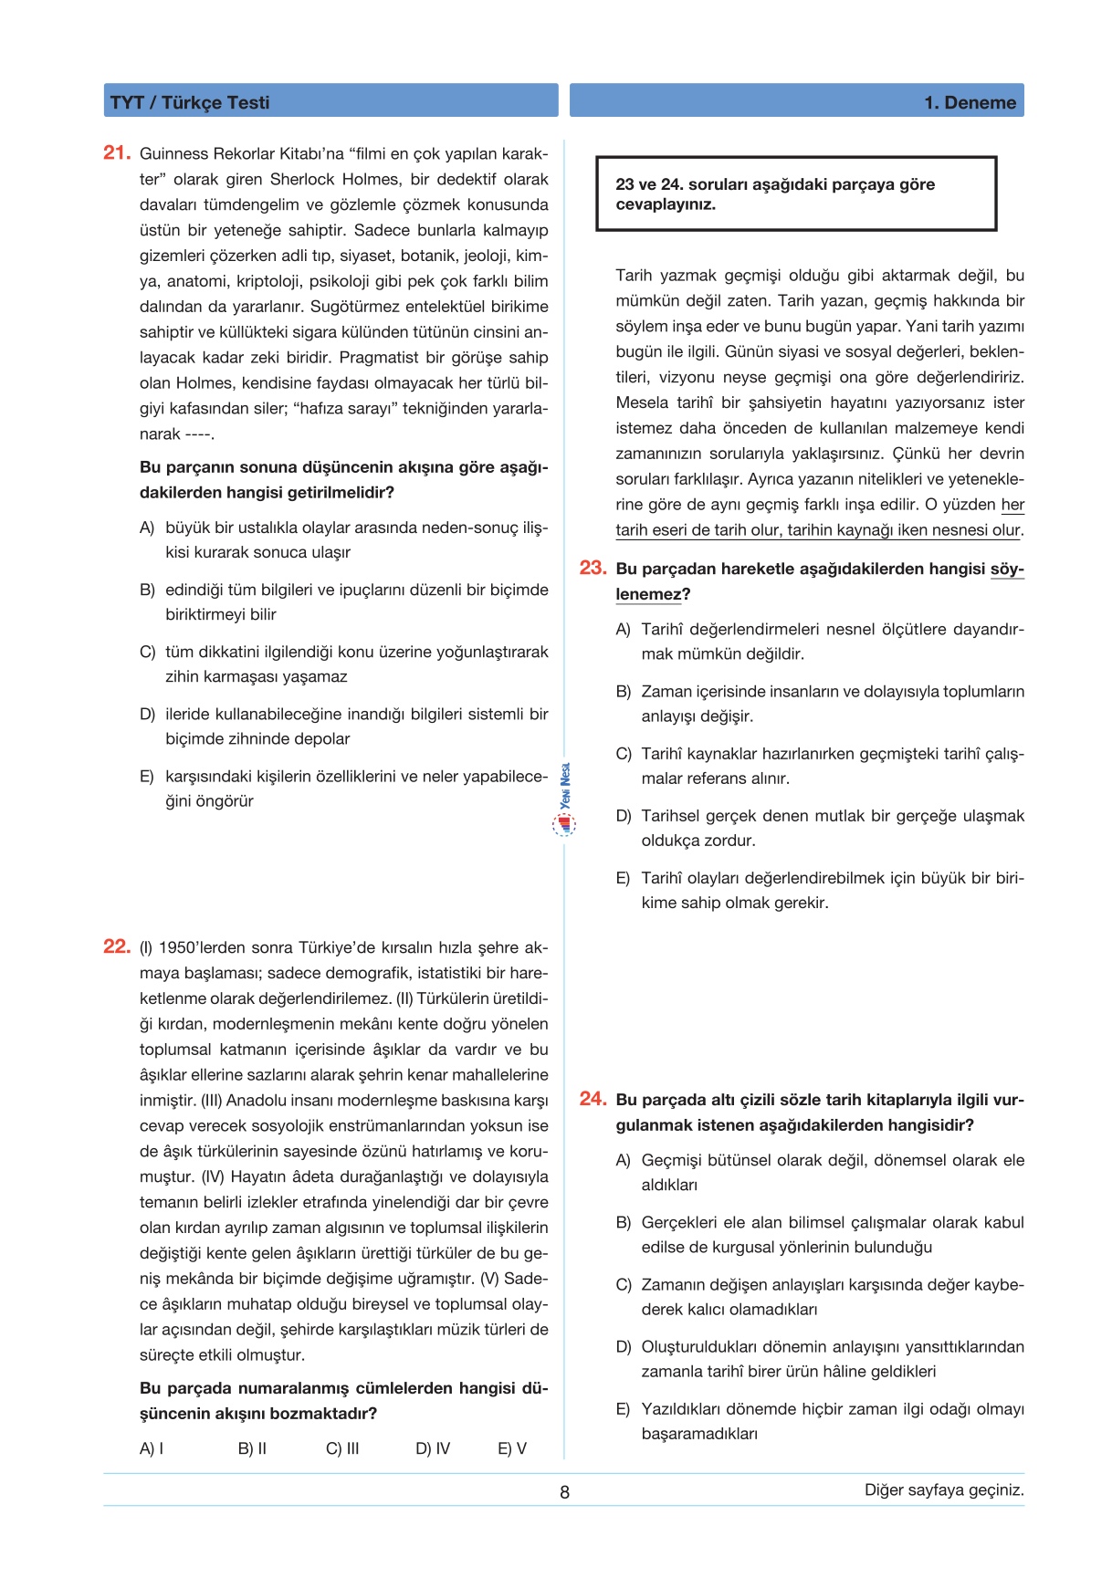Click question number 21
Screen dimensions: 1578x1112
pyautogui.click(x=117, y=152)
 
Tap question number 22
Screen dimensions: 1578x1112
pyautogui.click(x=117, y=946)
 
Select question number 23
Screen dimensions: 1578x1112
pyautogui.click(x=593, y=568)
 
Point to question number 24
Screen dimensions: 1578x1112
pyautogui.click(x=593, y=1099)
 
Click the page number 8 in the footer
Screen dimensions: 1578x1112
pyautogui.click(x=564, y=1492)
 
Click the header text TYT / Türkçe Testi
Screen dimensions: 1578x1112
pyautogui.click(x=190, y=102)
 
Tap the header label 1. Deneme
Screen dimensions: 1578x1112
pyautogui.click(x=970, y=102)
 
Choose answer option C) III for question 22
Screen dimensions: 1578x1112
pyautogui.click(x=342, y=1448)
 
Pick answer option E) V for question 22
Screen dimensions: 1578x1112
pyautogui.click(x=512, y=1448)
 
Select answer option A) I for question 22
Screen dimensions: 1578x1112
pyautogui.click(x=152, y=1448)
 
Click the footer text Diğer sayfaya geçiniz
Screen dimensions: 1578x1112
pyautogui.click(x=944, y=1489)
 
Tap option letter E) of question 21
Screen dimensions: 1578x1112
pyautogui.click(x=147, y=777)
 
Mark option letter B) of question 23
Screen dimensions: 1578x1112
pyautogui.click(x=624, y=692)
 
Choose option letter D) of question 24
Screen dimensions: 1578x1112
pyautogui.click(x=624, y=1347)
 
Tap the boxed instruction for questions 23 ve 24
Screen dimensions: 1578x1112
pyautogui.click(x=795, y=193)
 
